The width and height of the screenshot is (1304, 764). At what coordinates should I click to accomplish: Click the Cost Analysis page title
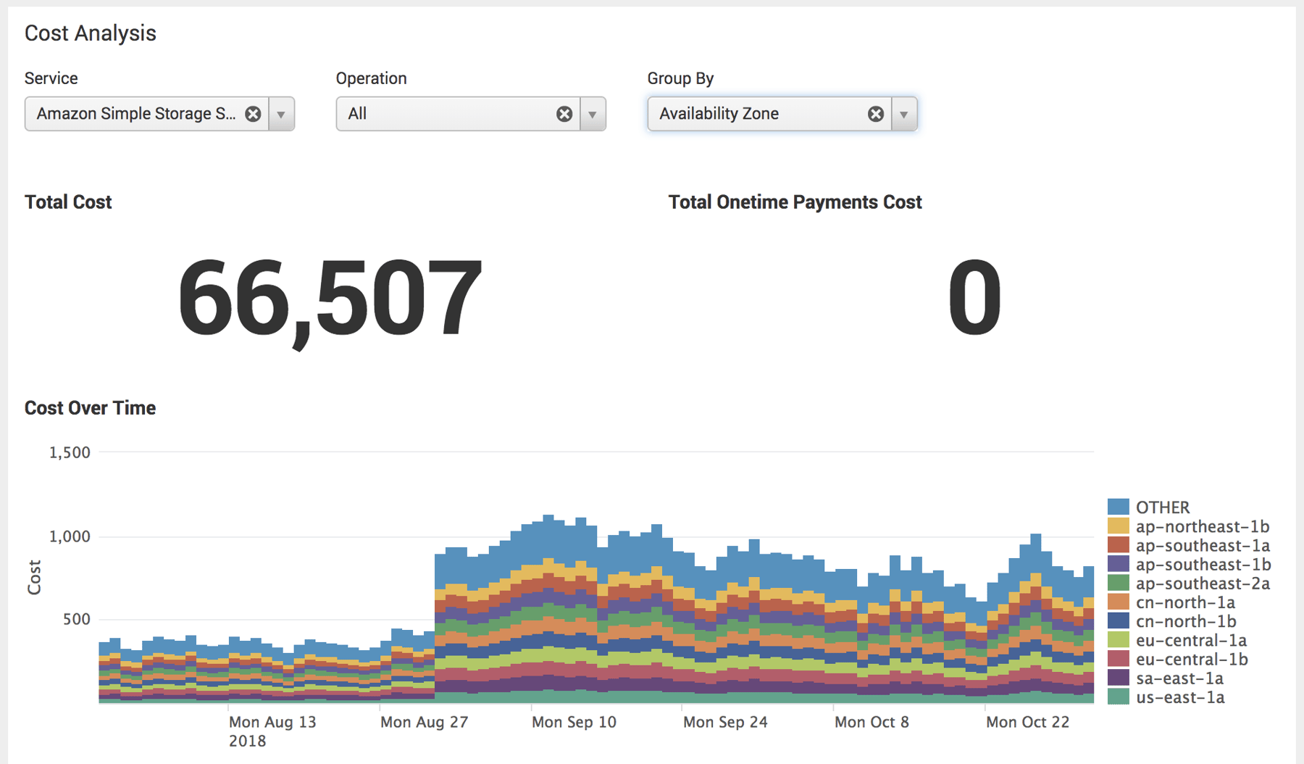coord(91,33)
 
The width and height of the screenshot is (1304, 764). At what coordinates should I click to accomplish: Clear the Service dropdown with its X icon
coord(253,114)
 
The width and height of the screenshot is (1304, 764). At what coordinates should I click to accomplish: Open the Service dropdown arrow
coord(281,114)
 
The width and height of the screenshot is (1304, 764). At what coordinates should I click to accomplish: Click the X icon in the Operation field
coord(564,114)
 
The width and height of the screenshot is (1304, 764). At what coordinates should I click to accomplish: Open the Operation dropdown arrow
coord(593,114)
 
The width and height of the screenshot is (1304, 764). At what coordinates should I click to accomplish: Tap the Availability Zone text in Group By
coord(719,114)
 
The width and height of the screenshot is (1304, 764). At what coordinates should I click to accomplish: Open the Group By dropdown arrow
coord(904,114)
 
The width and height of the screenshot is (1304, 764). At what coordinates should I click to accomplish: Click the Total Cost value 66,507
coord(330,299)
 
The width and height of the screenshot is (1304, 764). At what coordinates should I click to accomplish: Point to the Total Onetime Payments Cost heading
coord(795,202)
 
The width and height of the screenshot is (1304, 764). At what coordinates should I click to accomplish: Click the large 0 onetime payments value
coord(974,299)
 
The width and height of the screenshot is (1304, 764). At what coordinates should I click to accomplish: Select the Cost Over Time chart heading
coord(91,408)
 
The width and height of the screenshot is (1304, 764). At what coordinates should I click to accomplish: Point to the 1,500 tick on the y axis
coord(70,452)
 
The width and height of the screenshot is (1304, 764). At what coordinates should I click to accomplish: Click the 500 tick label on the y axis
coord(76,619)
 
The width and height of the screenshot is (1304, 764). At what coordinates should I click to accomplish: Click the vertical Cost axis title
coord(34,577)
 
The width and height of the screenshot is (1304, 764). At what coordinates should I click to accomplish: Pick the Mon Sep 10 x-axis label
coord(574,722)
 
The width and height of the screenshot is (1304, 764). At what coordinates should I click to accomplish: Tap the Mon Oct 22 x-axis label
coord(1027,722)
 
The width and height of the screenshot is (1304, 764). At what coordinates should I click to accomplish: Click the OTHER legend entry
coord(1162,507)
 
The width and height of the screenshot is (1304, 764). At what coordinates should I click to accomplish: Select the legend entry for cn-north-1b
coord(1185,621)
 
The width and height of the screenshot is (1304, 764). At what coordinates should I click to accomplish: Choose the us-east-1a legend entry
coord(1179,697)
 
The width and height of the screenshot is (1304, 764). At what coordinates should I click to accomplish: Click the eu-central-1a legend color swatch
coord(1118,640)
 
